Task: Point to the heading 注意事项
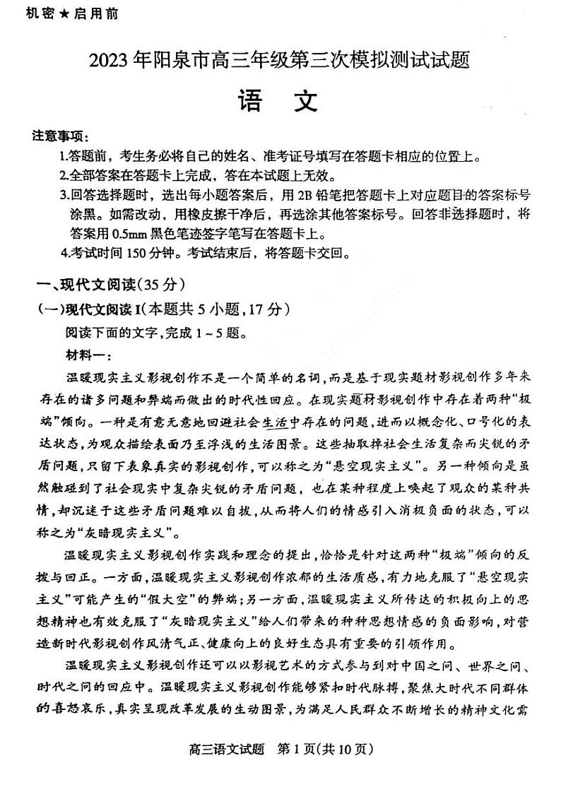coord(58,136)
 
